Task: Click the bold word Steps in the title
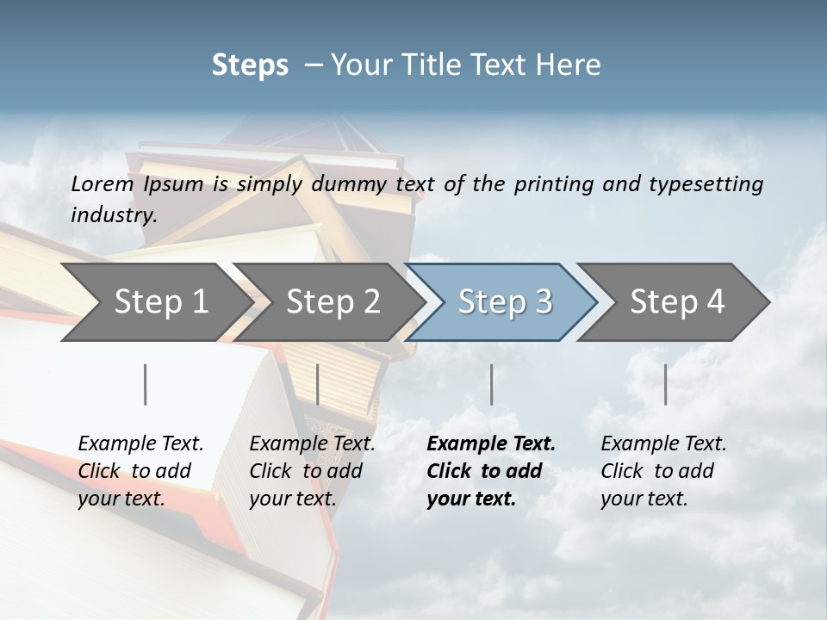point(250,65)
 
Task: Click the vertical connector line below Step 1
point(146,384)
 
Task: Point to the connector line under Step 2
point(318,384)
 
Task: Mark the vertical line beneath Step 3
point(492,384)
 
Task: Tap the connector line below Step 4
point(666,384)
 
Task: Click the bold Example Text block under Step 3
point(491,471)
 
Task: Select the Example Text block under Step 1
point(140,471)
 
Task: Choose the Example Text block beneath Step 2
point(312,471)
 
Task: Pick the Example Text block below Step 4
point(663,471)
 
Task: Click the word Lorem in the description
point(103,183)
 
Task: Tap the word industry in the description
point(114,214)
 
